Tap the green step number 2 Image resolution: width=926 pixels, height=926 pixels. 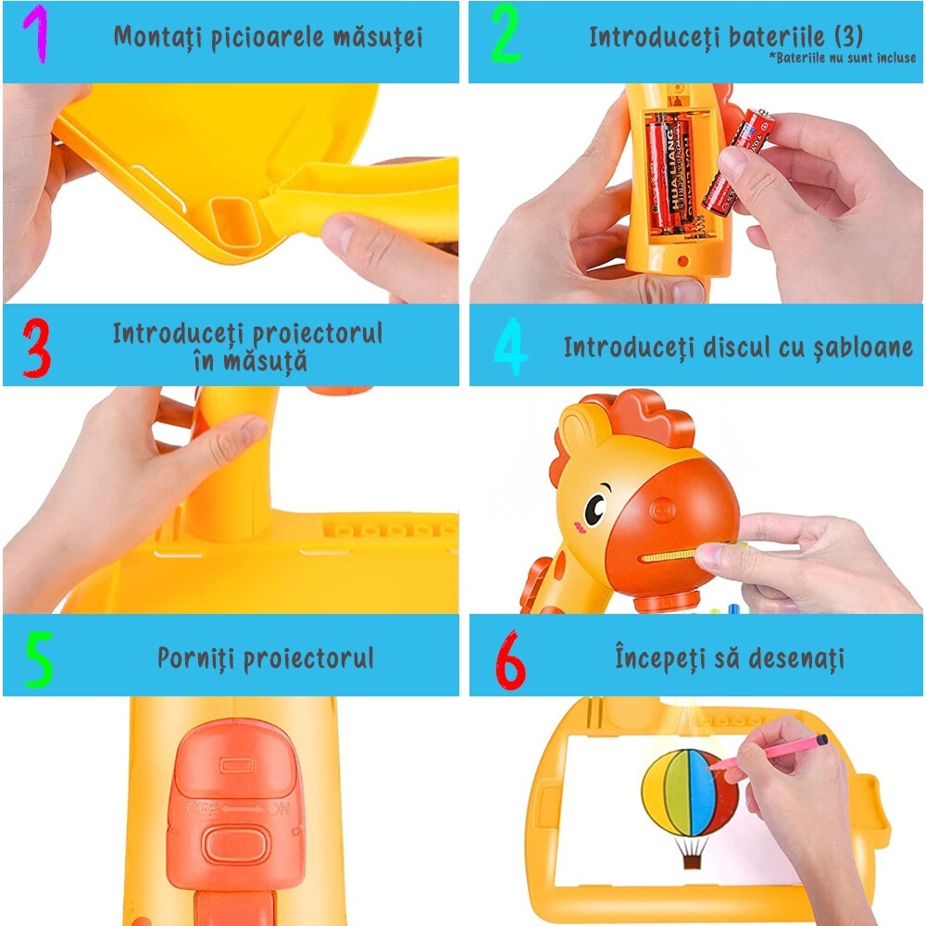(x=507, y=36)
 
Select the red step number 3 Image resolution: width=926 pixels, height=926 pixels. (x=35, y=347)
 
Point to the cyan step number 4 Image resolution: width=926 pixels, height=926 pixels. (x=510, y=348)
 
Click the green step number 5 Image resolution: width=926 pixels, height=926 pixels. (x=39, y=659)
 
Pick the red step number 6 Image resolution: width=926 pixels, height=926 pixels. (x=510, y=659)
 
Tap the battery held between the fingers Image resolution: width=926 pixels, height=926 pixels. (x=737, y=155)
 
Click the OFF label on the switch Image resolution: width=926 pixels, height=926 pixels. (x=202, y=808)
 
